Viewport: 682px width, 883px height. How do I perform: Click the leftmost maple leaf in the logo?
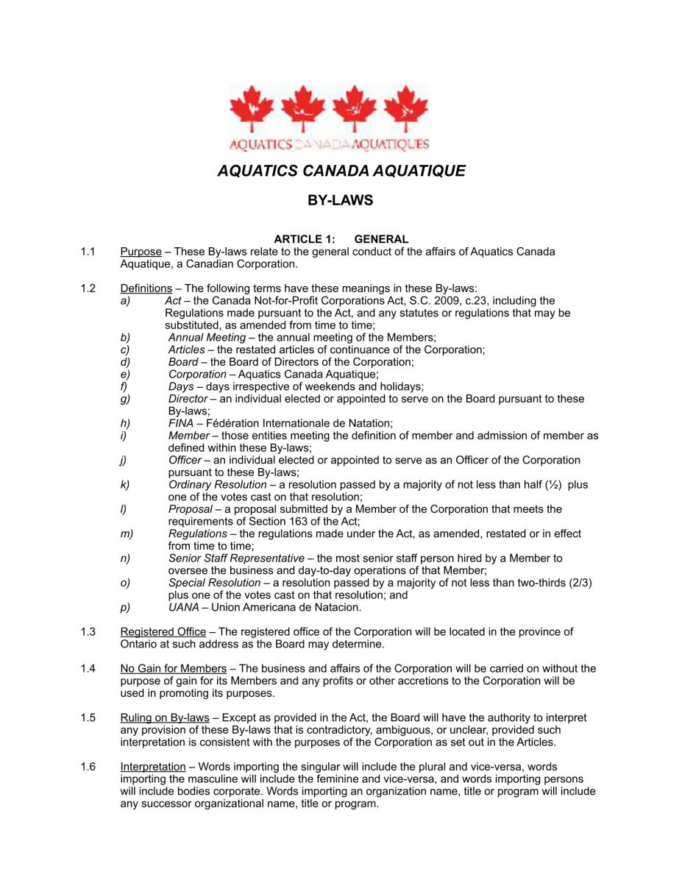tap(251, 110)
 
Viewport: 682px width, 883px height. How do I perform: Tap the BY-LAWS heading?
tap(340, 200)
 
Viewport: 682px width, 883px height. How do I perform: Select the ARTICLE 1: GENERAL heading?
tap(341, 239)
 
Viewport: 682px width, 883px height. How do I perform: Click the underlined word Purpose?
tap(141, 252)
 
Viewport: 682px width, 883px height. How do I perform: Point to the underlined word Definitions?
tap(146, 288)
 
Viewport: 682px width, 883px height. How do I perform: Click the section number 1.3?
tap(88, 632)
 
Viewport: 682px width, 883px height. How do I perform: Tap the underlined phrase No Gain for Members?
tap(173, 669)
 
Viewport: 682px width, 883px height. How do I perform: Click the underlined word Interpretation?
tap(152, 767)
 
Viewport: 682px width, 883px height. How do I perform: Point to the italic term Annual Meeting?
tap(207, 337)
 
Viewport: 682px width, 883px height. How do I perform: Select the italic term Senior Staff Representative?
tap(235, 558)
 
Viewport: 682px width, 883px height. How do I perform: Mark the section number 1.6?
tap(88, 767)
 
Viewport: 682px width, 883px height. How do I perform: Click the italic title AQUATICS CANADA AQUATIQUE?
tap(341, 171)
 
